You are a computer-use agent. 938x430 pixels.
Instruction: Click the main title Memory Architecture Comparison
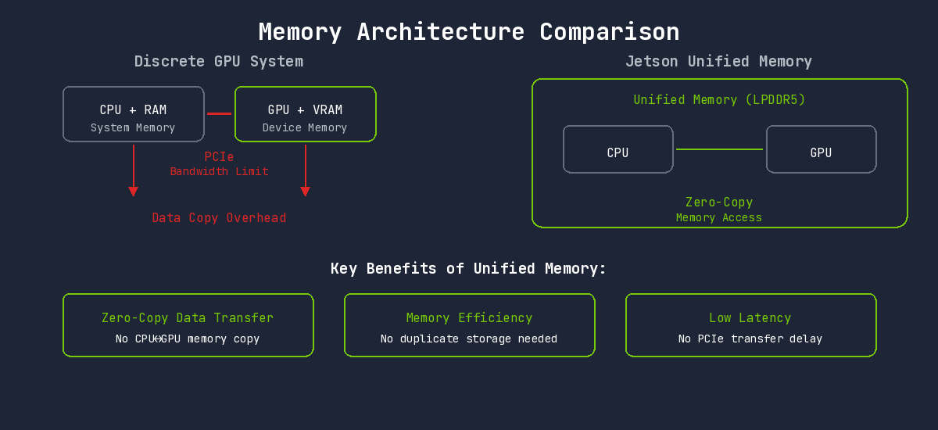469,32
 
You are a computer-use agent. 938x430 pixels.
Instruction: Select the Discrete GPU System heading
219,61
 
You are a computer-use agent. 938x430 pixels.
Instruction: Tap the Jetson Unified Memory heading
718,61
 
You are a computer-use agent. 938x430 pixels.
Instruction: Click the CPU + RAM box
133,114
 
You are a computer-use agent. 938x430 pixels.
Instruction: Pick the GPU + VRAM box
305,114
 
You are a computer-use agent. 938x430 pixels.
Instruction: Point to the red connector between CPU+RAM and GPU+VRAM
219,113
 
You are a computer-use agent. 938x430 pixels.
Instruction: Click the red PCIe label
219,157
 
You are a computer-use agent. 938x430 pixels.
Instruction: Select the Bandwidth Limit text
219,171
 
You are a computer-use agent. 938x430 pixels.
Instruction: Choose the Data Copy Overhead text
219,218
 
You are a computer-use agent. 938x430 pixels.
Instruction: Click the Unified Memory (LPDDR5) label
719,100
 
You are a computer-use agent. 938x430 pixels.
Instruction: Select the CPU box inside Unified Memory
618,149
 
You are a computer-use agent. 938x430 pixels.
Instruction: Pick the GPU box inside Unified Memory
821,149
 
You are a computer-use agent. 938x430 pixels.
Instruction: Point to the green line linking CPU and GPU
719,149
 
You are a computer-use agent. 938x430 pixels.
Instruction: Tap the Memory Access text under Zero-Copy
719,218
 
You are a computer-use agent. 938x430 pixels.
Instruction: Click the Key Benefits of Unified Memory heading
469,269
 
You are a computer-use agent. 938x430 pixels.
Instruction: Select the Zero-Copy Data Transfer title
188,318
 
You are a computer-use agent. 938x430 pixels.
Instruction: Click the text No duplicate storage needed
469,339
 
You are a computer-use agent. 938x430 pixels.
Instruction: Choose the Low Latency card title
750,318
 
